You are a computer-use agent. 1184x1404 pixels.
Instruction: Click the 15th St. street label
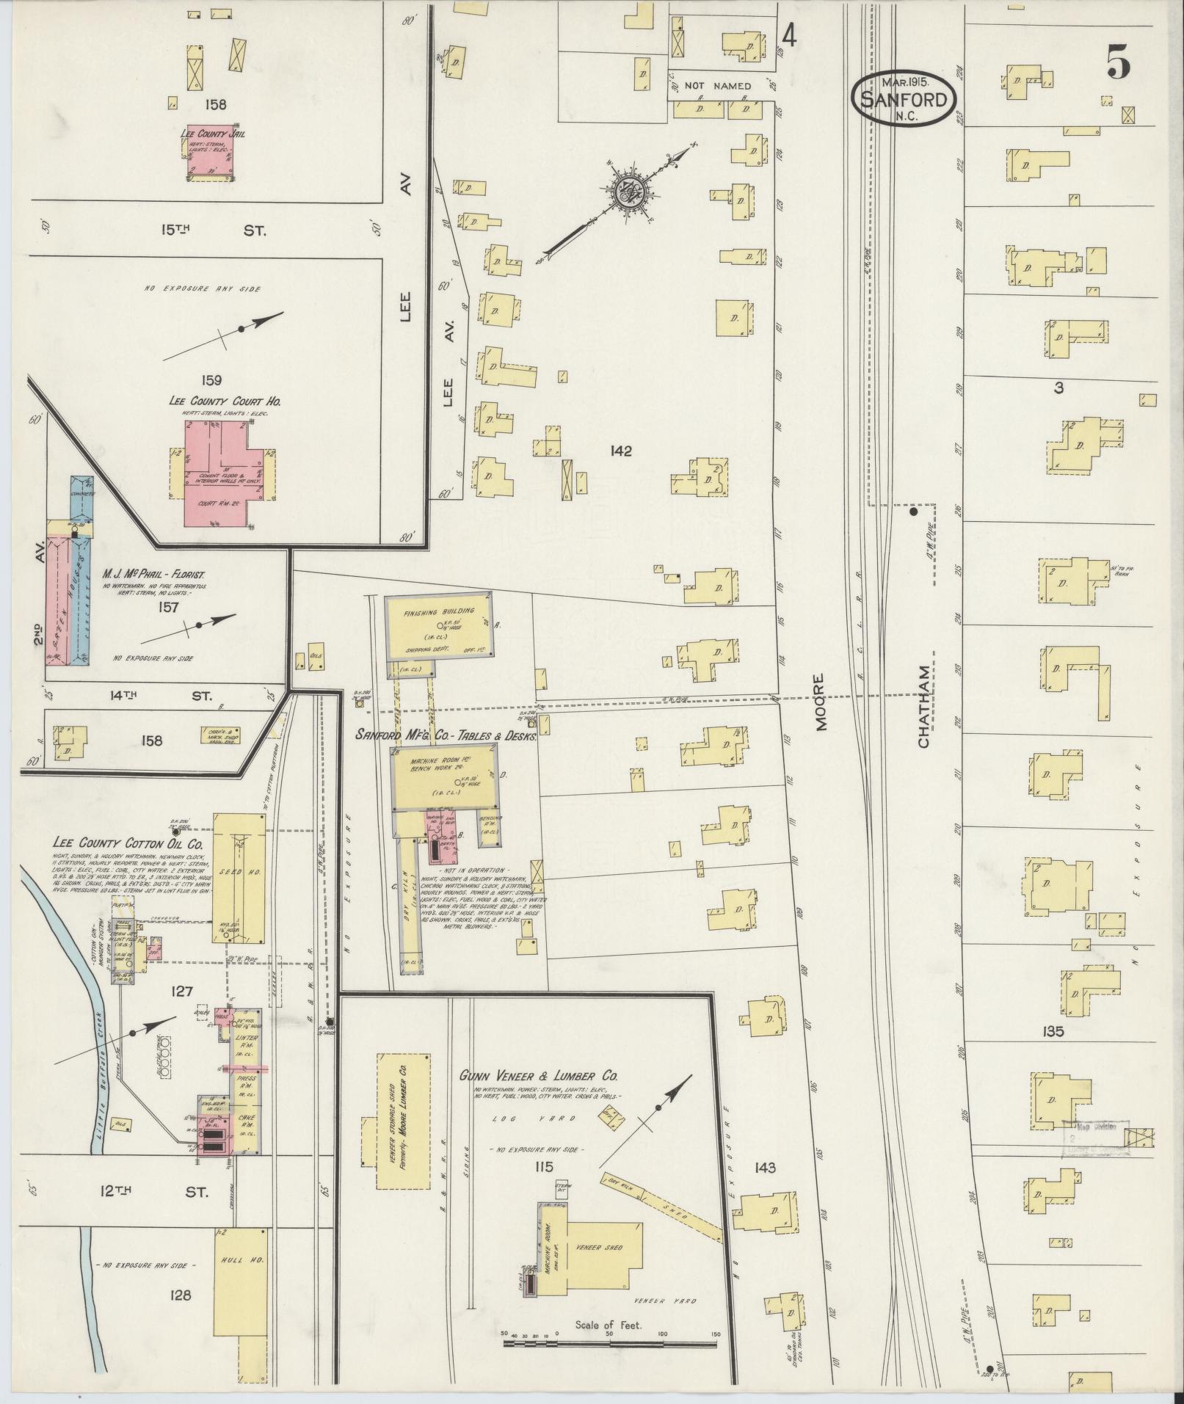coord(213,230)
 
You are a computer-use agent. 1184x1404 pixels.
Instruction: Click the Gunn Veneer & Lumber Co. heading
coord(539,1075)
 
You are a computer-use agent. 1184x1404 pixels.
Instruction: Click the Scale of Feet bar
coord(609,1344)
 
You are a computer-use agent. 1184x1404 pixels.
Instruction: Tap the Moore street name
coord(821,702)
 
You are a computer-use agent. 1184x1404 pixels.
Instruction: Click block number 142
coord(620,451)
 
